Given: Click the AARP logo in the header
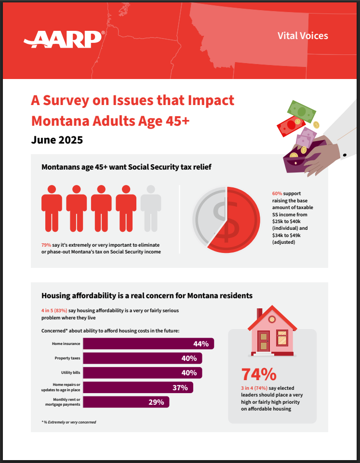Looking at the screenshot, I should click(x=64, y=39).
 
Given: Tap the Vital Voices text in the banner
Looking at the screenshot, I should click(x=303, y=36).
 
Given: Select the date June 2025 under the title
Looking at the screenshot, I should click(x=57, y=140).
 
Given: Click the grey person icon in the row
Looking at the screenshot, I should click(x=151, y=208).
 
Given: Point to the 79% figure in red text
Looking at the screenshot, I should click(x=47, y=245).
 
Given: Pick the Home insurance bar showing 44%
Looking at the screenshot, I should click(x=148, y=344).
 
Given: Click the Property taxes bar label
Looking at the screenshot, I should click(x=67, y=358).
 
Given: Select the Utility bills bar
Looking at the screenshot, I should click(x=142, y=373).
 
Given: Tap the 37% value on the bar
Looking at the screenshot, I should click(x=180, y=387).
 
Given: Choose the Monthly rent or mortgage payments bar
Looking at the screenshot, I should click(x=126, y=402).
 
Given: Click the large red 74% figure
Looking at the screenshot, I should click(x=259, y=374).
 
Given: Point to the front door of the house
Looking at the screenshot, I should click(x=264, y=341).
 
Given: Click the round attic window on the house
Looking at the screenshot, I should click(x=272, y=319).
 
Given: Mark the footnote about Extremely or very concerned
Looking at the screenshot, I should click(x=69, y=422).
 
